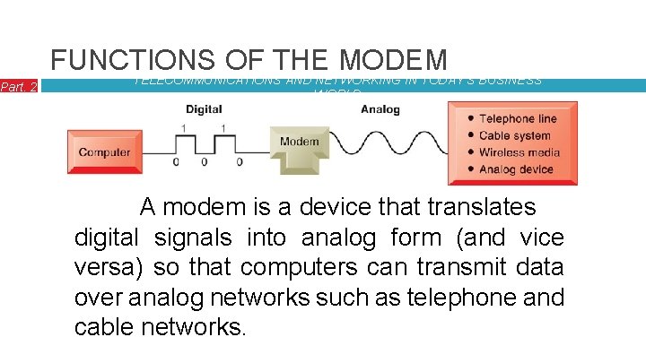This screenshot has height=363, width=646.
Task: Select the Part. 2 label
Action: [x=19, y=86]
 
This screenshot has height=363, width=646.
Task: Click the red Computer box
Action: [x=104, y=152]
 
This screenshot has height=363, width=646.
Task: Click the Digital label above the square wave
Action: [x=204, y=109]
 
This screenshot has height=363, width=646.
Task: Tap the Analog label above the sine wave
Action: [x=380, y=109]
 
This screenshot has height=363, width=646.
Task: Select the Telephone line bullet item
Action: [x=518, y=118]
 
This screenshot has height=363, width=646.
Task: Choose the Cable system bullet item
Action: [x=514, y=135]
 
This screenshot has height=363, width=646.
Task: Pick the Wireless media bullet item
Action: [x=519, y=152]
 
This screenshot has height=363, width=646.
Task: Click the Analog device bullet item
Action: [x=516, y=169]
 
